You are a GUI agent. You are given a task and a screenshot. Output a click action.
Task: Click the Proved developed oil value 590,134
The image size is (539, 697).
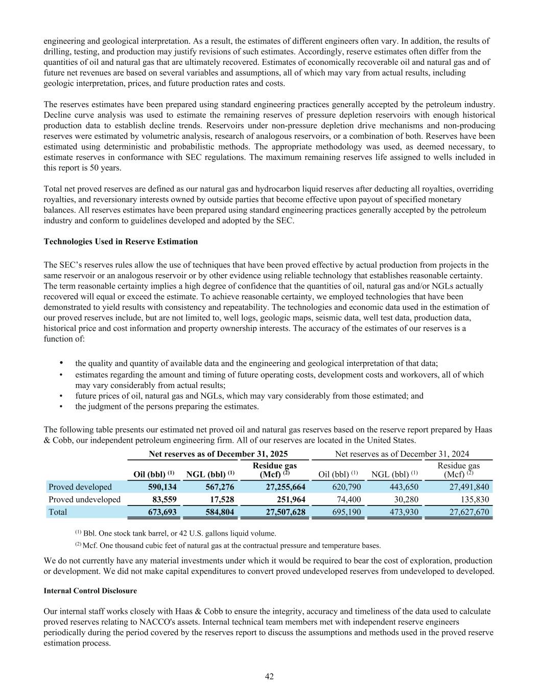click(158, 487)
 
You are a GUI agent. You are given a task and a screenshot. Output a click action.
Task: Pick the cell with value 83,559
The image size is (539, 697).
click(162, 499)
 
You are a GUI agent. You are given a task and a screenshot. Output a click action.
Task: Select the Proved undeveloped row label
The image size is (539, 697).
click(84, 499)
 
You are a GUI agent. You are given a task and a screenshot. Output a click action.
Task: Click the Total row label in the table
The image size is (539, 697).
click(58, 511)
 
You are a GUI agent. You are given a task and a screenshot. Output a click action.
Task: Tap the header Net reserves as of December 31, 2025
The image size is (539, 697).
click(218, 453)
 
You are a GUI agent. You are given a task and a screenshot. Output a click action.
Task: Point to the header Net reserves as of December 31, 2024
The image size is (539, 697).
click(402, 453)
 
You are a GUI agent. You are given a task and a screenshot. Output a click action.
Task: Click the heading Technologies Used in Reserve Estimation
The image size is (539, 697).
click(121, 241)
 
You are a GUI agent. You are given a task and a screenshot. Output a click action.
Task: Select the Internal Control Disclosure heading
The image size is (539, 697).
click(90, 590)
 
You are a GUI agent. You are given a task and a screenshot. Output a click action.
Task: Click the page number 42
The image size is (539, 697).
click(269, 676)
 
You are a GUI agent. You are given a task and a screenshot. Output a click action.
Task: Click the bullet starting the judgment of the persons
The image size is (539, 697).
click(167, 406)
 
